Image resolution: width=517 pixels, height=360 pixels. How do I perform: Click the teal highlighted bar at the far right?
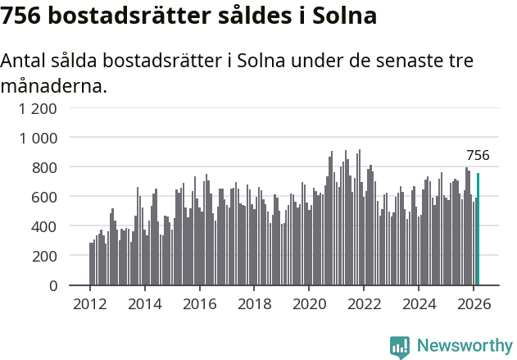(478, 230)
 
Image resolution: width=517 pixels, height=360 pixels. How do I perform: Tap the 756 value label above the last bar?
(478, 155)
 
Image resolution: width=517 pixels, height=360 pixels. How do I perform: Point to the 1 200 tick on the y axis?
(39, 108)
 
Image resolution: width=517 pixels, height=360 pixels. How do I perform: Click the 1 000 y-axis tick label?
(39, 138)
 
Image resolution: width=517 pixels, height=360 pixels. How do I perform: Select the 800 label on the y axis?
(44, 167)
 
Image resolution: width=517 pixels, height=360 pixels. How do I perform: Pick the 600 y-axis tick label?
(44, 197)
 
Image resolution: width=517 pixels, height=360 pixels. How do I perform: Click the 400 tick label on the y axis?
(44, 226)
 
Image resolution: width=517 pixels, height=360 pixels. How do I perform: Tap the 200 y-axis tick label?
(44, 256)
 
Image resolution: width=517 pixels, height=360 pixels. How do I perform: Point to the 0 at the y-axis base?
(52, 285)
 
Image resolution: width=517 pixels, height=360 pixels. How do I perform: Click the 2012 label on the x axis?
(89, 304)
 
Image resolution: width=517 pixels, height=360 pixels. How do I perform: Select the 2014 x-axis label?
(144, 304)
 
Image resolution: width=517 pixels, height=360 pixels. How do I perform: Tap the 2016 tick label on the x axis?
(199, 304)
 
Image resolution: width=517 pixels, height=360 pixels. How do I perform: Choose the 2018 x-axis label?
(254, 304)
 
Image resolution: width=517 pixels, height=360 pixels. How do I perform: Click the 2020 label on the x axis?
(309, 304)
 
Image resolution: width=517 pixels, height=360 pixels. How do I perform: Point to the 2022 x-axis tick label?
(364, 304)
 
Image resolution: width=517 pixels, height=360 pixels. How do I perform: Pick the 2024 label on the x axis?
(419, 304)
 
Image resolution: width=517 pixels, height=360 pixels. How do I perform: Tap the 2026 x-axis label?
(474, 304)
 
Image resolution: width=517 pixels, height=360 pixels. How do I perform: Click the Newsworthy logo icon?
(400, 347)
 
